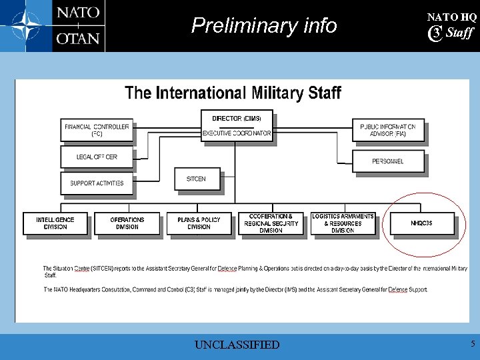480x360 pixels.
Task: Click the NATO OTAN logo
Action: (x=53, y=26)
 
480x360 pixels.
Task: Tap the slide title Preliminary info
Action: (x=264, y=26)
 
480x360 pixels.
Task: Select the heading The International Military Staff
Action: (x=233, y=93)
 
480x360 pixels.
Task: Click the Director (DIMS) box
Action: (x=237, y=119)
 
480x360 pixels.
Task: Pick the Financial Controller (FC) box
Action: (x=97, y=130)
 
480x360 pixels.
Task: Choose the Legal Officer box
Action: (x=97, y=157)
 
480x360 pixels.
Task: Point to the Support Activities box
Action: (x=97, y=183)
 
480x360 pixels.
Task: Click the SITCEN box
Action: (x=196, y=179)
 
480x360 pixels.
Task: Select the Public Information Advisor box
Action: (x=387, y=130)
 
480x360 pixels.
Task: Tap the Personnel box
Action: (x=387, y=161)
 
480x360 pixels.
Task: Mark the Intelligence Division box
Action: (x=55, y=223)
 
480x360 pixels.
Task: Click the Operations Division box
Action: (x=127, y=223)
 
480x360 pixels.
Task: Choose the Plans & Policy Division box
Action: (x=199, y=223)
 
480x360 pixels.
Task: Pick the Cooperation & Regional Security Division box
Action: (x=271, y=223)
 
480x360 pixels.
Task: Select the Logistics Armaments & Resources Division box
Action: (x=343, y=223)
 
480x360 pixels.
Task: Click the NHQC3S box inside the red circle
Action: (x=421, y=223)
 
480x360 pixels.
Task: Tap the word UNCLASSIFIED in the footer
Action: (x=237, y=345)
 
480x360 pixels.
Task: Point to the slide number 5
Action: (x=473, y=344)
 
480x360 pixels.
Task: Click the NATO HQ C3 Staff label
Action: (x=451, y=26)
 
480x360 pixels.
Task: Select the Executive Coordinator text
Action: (x=237, y=133)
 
